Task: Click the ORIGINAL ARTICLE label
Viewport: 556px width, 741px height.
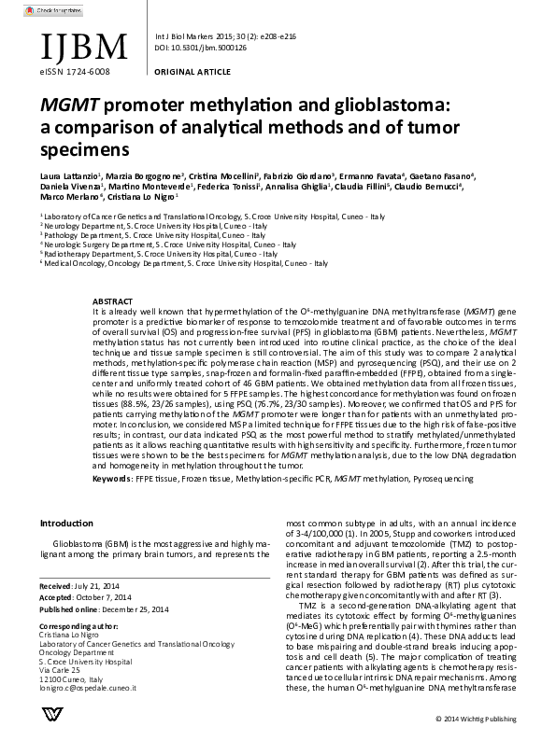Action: coord(185,70)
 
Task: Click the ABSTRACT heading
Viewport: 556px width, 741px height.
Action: coord(112,301)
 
